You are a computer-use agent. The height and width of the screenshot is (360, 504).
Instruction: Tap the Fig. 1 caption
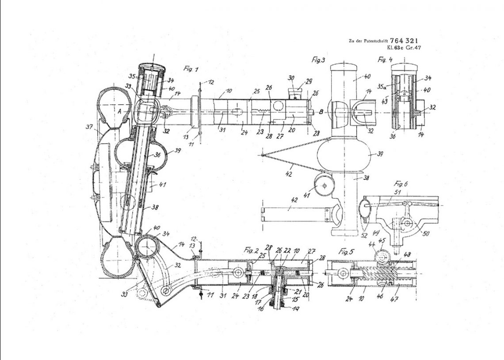pos(191,68)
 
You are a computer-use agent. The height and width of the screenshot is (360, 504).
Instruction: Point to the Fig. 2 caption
pos(251,250)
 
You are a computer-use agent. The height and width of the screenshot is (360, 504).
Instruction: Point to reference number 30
pos(290,78)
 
